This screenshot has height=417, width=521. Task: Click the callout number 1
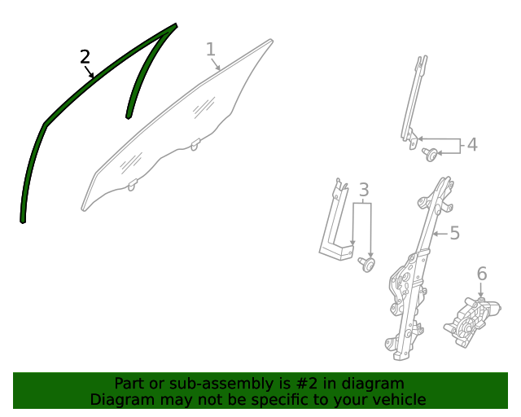click(x=211, y=49)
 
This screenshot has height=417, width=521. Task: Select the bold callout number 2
click(x=85, y=57)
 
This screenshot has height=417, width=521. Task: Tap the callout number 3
click(x=364, y=190)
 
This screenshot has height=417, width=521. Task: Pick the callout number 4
click(x=472, y=145)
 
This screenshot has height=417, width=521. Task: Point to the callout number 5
click(x=455, y=233)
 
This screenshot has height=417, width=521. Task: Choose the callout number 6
click(x=482, y=274)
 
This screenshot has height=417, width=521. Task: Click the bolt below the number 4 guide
click(x=430, y=154)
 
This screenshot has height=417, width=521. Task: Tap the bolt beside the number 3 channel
click(x=366, y=265)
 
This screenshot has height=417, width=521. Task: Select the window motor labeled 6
click(x=472, y=323)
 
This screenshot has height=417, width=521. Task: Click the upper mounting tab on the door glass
click(x=195, y=144)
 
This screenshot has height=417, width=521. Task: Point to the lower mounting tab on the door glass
click(x=133, y=185)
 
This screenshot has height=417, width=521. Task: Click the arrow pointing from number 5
click(x=440, y=234)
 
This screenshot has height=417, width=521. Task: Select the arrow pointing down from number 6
click(x=480, y=290)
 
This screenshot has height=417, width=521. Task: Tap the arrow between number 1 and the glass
click(x=215, y=64)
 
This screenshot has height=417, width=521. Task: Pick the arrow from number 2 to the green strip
click(x=89, y=72)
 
